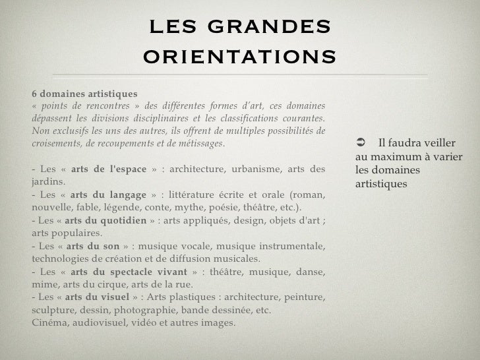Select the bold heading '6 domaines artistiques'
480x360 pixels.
pos(76,95)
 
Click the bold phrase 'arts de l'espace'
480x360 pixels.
pos(108,169)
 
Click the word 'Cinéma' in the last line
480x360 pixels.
pos(48,322)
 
